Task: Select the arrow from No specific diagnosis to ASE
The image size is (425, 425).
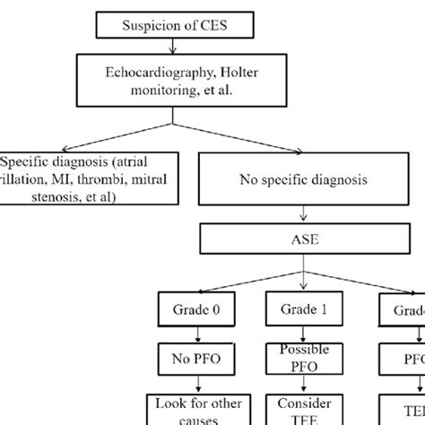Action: [308, 215]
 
